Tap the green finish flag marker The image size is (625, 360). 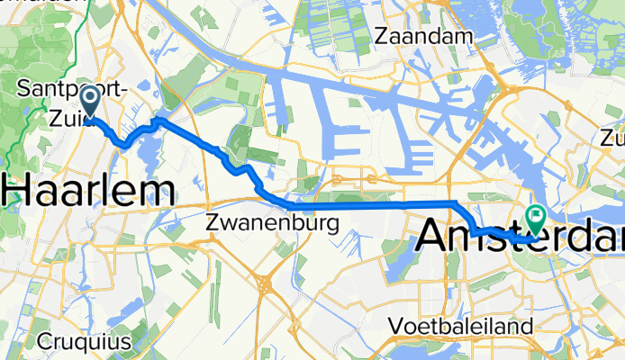coord(538,216)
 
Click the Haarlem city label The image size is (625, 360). coord(88,191)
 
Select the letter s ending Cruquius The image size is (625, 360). coord(125,342)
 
